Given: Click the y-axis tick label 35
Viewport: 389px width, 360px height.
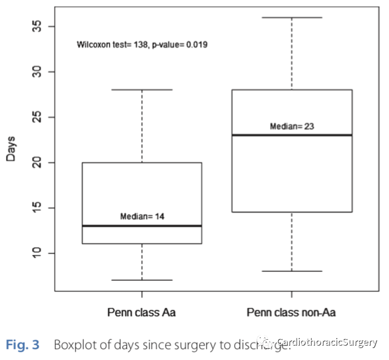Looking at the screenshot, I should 37,27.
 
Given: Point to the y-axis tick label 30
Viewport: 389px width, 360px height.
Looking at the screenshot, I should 37,72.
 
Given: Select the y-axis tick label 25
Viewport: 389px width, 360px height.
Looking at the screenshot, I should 37,117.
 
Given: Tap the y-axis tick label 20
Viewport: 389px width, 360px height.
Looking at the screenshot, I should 37,163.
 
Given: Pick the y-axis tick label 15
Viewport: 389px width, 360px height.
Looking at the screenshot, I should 37,208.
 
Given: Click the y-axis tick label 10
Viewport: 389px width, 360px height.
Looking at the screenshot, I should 37,253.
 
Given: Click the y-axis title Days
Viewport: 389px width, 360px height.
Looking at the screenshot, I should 11,148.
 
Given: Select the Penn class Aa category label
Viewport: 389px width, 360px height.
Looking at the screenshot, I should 142,312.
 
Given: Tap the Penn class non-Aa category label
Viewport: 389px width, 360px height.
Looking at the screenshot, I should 291,312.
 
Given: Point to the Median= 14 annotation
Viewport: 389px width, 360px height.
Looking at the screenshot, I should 142,216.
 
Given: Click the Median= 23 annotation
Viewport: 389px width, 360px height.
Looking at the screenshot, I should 291,126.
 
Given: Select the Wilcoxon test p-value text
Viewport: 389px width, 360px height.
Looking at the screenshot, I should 142,44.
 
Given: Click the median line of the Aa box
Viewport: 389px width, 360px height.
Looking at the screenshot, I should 142,226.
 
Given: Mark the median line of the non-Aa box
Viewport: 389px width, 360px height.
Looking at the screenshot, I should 291,135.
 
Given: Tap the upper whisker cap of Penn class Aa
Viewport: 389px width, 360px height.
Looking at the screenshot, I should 142,90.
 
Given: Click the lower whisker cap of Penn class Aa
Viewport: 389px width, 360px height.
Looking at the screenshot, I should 142,280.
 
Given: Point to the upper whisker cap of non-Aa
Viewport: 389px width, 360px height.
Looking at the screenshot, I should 291,17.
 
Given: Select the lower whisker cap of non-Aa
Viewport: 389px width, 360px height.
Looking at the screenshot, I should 291,271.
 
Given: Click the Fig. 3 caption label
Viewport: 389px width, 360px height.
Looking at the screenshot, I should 23,345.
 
